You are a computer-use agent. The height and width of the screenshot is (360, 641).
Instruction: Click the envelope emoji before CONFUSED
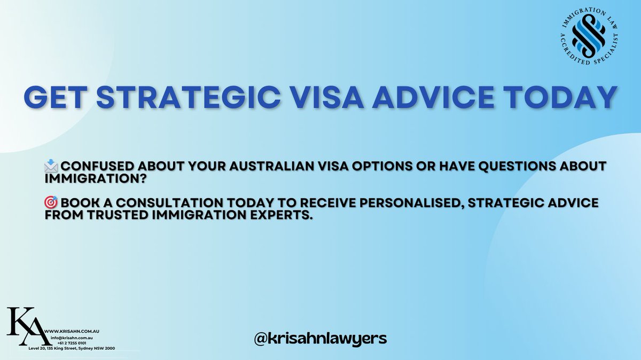(52, 166)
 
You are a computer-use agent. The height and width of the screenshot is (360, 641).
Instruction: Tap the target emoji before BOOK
(52, 203)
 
